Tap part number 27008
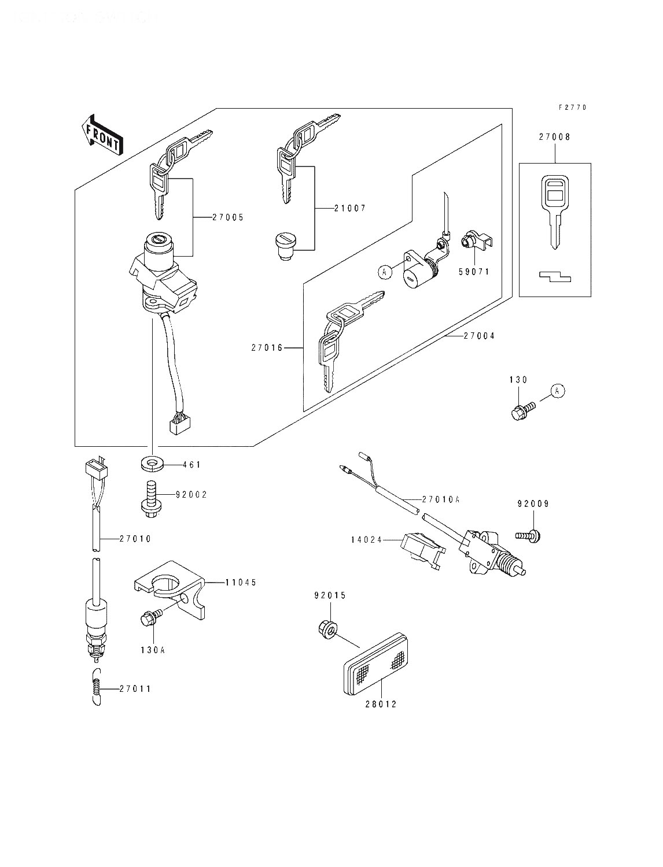pos(554,138)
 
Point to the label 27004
pos(478,336)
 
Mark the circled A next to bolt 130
pos(557,391)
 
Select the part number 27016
pos(267,347)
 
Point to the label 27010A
pos(441,499)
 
